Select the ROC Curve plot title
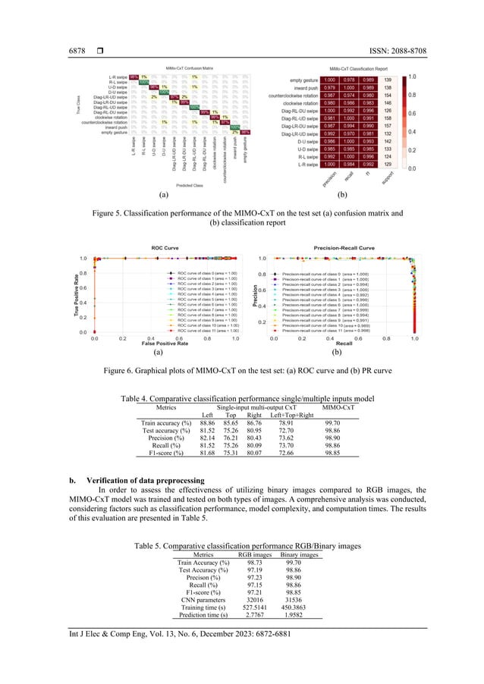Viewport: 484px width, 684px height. point(164,247)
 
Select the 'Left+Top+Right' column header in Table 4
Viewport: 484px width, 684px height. point(291,416)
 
